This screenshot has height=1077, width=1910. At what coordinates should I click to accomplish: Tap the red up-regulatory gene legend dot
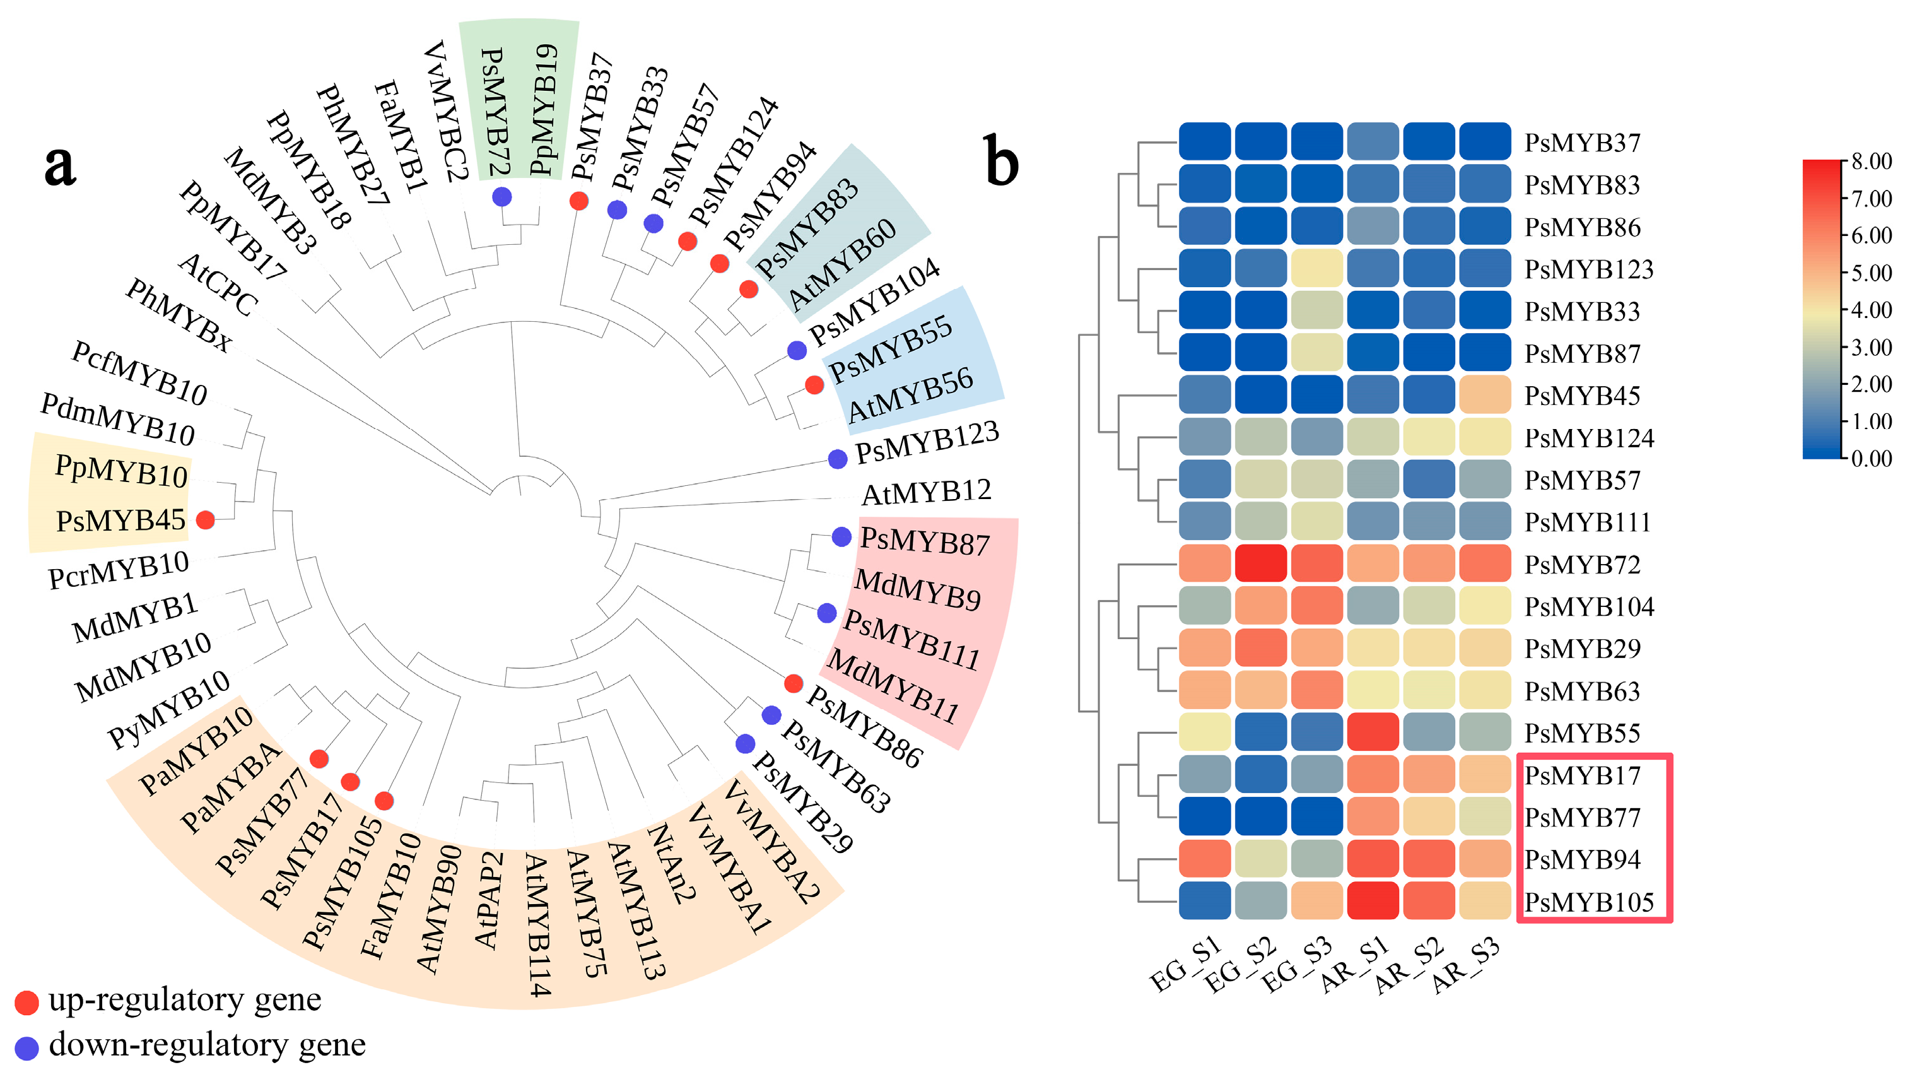pyautogui.click(x=26, y=1002)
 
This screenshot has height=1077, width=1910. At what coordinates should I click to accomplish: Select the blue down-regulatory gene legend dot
pyautogui.click(x=26, y=1048)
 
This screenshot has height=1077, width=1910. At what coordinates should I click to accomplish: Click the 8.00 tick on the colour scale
pyautogui.click(x=1872, y=162)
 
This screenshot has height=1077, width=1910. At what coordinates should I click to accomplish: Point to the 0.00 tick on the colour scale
pyautogui.click(x=1872, y=459)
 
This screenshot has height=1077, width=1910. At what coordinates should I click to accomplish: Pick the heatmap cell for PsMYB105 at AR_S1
pyautogui.click(x=1373, y=900)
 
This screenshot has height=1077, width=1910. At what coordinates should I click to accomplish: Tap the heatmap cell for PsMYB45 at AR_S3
pyautogui.click(x=1484, y=394)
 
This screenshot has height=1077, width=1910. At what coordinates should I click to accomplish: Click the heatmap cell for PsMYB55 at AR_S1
pyautogui.click(x=1373, y=732)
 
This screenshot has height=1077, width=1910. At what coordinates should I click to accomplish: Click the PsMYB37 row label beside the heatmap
pyautogui.click(x=1582, y=143)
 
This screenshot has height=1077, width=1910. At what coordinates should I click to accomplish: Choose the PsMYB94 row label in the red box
pyautogui.click(x=1582, y=860)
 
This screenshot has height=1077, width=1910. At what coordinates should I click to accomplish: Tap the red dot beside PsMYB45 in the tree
pyautogui.click(x=206, y=520)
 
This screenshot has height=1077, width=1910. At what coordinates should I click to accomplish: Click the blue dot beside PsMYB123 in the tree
pyautogui.click(x=837, y=459)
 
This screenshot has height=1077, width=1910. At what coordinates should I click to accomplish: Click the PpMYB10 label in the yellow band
pyautogui.click(x=122, y=472)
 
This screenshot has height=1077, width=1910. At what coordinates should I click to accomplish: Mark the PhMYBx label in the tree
pyautogui.click(x=178, y=315)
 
